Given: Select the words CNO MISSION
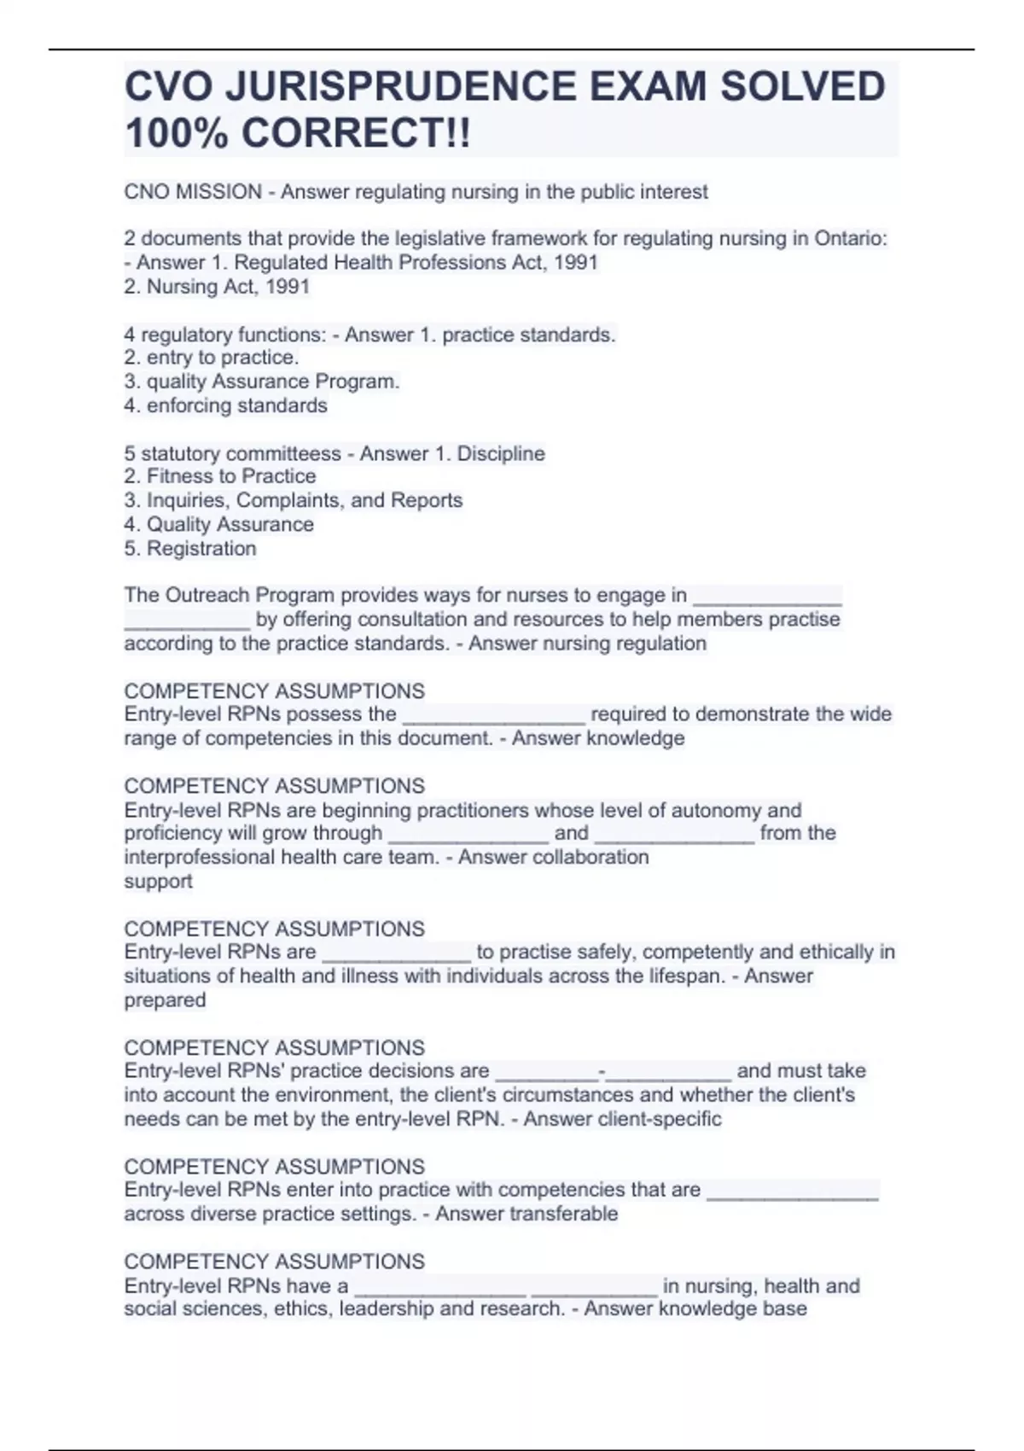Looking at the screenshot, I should click(193, 192).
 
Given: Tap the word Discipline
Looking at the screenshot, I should click(501, 453).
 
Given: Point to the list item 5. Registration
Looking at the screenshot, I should click(190, 548).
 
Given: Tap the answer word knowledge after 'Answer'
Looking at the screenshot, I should click(635, 738).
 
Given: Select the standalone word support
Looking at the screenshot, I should click(159, 881).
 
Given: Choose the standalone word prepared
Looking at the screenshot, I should click(165, 999).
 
